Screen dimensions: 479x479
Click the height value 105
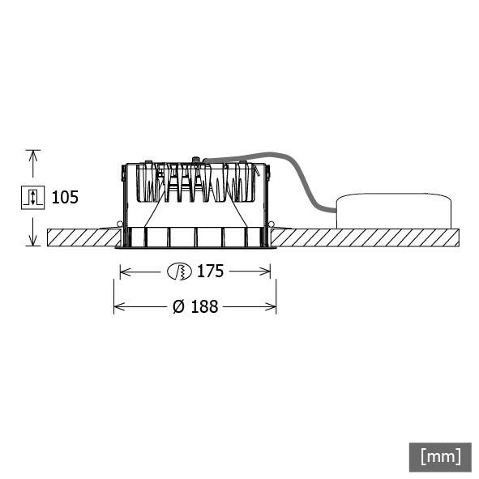pos(66,197)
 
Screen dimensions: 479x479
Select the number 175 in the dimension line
pos(210,272)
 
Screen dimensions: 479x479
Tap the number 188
pos(205,307)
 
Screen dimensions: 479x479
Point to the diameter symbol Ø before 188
pos(177,307)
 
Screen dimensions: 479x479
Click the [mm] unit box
pos(440,455)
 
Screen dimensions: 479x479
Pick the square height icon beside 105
pos(32,197)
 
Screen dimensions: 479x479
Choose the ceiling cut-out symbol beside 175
pos(177,272)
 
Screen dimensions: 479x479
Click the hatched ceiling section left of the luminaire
pos(81,238)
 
